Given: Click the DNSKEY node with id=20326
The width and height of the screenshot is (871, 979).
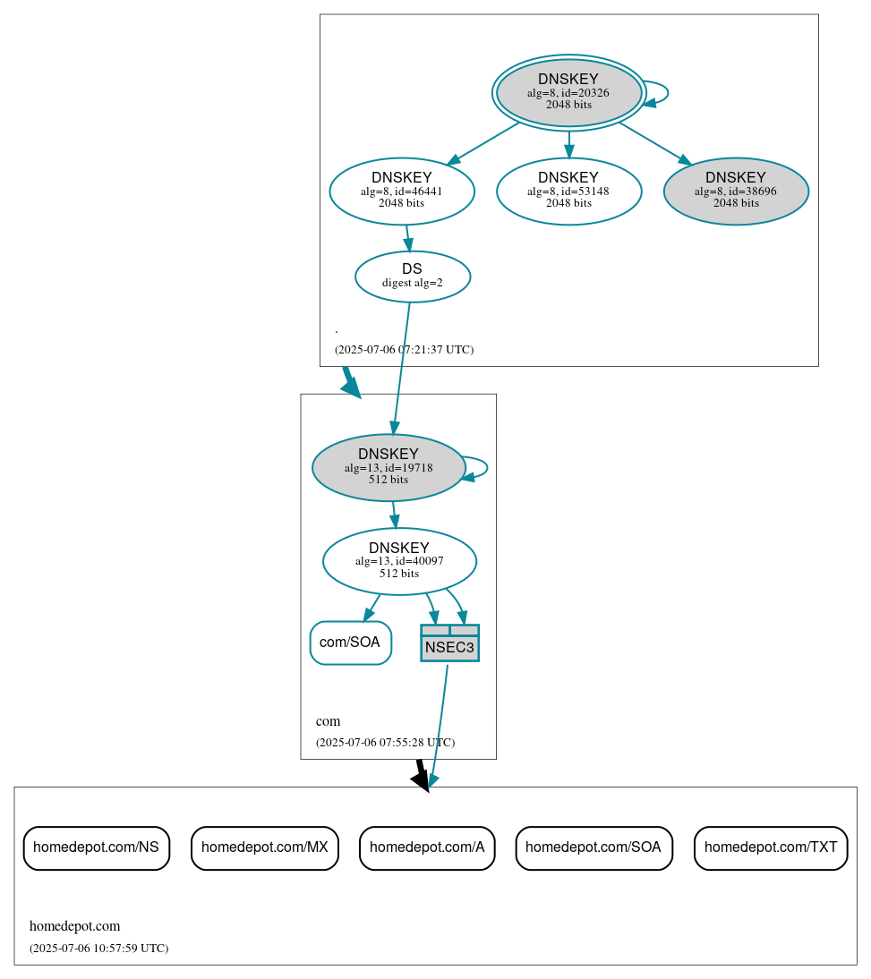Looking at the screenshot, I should (x=568, y=92).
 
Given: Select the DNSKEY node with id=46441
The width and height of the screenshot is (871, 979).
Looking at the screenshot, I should (x=402, y=191).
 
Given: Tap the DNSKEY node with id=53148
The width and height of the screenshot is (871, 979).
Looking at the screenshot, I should (x=568, y=191).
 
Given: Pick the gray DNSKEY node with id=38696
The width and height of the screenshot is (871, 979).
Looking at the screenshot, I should (x=736, y=191).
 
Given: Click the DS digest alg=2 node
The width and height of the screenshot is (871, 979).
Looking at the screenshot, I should (x=413, y=277).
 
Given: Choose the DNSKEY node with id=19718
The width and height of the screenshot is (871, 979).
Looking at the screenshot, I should (x=389, y=467).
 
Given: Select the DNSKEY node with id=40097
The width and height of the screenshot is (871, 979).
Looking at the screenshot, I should (x=399, y=561).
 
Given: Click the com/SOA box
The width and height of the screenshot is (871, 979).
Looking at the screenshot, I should (x=350, y=643).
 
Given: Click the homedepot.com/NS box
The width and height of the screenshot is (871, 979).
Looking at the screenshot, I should (x=97, y=847).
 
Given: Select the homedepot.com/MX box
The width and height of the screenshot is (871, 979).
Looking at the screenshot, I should (x=265, y=847).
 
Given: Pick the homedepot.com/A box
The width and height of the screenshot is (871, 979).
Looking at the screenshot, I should (x=427, y=847).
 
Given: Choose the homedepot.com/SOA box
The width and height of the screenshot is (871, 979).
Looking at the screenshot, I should (x=593, y=847).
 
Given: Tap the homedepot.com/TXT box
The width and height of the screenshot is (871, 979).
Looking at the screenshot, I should (x=771, y=847).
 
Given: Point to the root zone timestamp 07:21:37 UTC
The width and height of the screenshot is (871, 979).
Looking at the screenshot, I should (x=404, y=350).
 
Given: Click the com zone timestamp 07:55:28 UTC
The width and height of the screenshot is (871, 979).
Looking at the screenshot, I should (x=385, y=743).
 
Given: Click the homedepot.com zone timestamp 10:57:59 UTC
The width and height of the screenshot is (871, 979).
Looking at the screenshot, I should (x=98, y=949).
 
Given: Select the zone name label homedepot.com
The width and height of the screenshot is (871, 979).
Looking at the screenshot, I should (x=74, y=926).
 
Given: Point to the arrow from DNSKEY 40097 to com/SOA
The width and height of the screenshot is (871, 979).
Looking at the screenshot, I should (x=371, y=608).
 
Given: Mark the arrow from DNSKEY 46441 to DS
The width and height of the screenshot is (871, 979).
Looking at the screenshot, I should (x=407, y=237).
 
